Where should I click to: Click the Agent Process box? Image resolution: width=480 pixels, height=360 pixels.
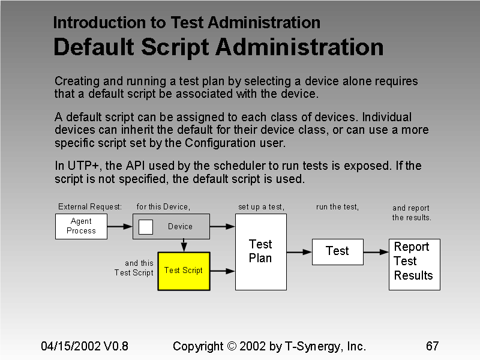pos(81,226)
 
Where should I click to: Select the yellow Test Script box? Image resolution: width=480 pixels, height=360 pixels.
pos(184,271)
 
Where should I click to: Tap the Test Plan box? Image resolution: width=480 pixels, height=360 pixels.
pos(260,251)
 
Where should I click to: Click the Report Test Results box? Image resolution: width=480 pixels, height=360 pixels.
pos(414,264)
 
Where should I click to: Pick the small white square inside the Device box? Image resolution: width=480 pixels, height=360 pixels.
pos(146,227)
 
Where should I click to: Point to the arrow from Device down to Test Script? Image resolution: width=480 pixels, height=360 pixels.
pos(184,245)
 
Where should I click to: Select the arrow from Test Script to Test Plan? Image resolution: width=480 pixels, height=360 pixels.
pos(223,271)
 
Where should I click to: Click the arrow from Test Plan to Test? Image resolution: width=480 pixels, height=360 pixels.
pos(299,251)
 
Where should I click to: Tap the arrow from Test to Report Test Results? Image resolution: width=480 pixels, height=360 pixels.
pos(376,251)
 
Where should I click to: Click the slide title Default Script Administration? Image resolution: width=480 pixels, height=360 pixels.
pos(218,47)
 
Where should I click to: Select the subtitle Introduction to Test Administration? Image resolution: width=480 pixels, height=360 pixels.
pos(187,23)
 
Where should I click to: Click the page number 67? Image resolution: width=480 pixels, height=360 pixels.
pos(432,346)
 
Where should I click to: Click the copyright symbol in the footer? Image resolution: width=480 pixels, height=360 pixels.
pos(232,346)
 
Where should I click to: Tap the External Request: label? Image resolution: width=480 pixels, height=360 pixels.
pos(90,207)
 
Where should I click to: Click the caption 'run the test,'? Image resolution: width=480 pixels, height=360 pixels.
pos(337,207)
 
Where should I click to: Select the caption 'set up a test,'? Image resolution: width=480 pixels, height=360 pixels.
pos(261,207)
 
